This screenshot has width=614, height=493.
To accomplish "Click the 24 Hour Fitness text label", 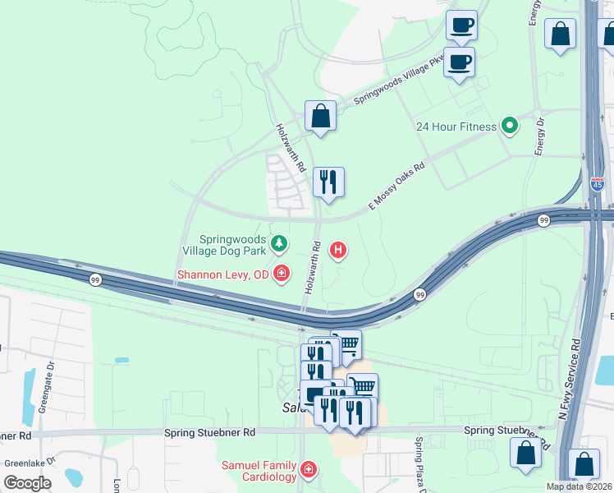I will point(456,127).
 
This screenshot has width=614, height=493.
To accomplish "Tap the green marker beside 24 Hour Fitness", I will point(510,126).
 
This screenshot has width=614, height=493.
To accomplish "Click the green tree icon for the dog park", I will point(280,243).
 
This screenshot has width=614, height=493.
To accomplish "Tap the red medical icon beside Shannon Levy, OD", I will point(282,273).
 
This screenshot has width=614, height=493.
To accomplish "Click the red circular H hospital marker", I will point(337,250).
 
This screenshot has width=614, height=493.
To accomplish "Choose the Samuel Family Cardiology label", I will point(259,471).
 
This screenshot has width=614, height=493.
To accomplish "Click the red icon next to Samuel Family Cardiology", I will point(309,469).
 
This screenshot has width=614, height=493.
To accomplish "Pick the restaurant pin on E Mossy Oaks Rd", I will point(328,182).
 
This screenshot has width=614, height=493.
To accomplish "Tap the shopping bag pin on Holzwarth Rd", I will point(320,116).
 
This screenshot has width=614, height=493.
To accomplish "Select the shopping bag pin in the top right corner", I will point(560,35).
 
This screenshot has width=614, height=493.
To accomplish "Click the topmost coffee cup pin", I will point(461,25).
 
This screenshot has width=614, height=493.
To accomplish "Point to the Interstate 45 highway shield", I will point(597,183).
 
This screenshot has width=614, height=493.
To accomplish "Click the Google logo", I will point(27,482).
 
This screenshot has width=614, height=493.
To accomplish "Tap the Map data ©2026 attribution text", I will point(579,486).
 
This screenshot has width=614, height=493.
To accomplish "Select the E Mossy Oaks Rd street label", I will point(396,184).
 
